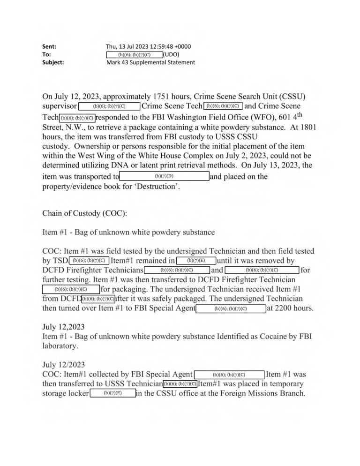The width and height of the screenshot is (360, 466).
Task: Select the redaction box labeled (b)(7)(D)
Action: pyautogui.click(x=165, y=176)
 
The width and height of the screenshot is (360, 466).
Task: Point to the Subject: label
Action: pyautogui.click(x=53, y=62)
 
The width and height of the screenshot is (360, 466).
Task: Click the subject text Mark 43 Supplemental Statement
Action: pyautogui.click(x=150, y=62)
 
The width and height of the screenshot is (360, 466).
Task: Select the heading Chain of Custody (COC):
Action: pyautogui.click(x=85, y=213)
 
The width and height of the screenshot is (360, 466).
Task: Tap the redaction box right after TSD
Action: pyautogui.click(x=89, y=261)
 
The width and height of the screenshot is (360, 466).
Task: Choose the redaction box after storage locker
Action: pyautogui.click(x=112, y=393)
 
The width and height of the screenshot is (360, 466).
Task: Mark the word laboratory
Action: pyautogui.click(x=61, y=346)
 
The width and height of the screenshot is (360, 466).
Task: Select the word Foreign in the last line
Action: pyautogui.click(x=225, y=393)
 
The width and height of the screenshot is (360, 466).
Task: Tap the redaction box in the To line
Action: pyautogui.click(x=135, y=54)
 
